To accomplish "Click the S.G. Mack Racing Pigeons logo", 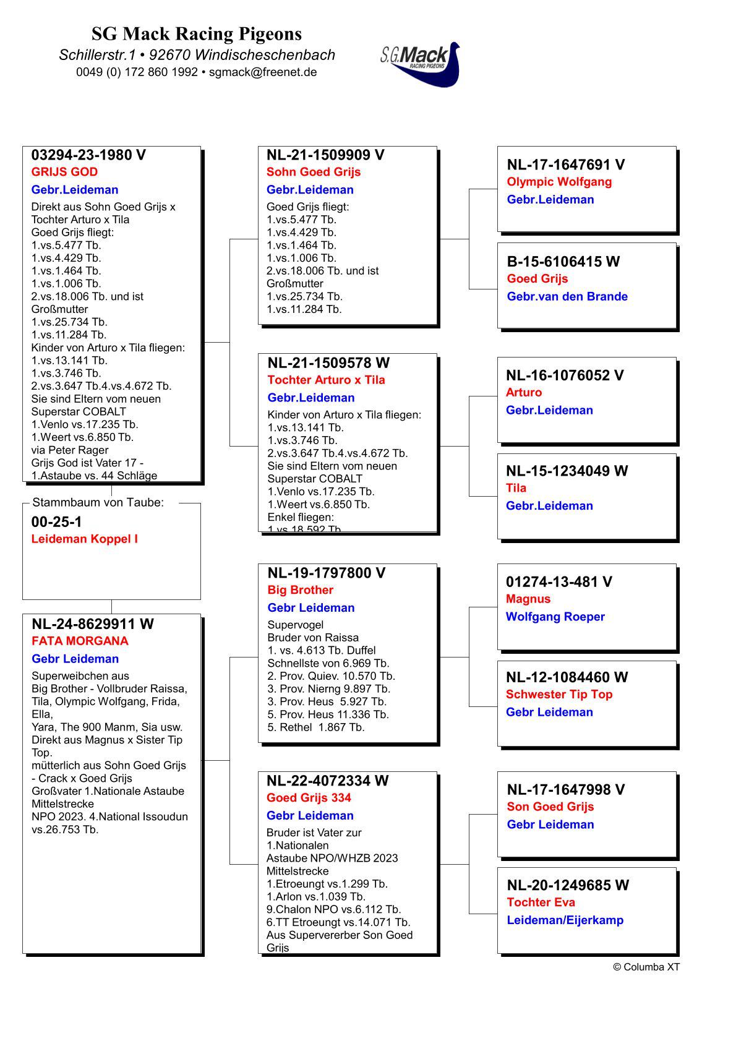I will pos(421,64).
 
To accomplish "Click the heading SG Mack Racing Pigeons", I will pos(197,33).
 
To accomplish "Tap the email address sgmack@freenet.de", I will pos(263,72).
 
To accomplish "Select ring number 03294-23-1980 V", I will pos(88,155).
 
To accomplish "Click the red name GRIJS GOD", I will pos(64,172).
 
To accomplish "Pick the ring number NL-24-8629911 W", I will pos(93,623).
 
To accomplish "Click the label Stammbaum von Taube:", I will pos(98,502).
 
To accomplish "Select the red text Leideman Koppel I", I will pos(84,539).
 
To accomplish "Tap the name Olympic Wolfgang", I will pos(559,182).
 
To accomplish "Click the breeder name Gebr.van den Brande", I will pos(567,296).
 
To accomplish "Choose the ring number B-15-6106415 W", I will pos(563,262).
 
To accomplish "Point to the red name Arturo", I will pos(523,392).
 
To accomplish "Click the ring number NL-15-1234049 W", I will pos(567,471).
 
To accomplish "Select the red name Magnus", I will pos(528,599).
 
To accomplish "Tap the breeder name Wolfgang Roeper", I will pos(555,617).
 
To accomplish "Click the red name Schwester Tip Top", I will pos(559,694).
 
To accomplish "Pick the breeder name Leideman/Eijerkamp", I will pos(565,920).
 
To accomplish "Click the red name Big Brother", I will pos(300,590).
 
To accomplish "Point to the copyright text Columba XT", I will pos(646,967).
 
